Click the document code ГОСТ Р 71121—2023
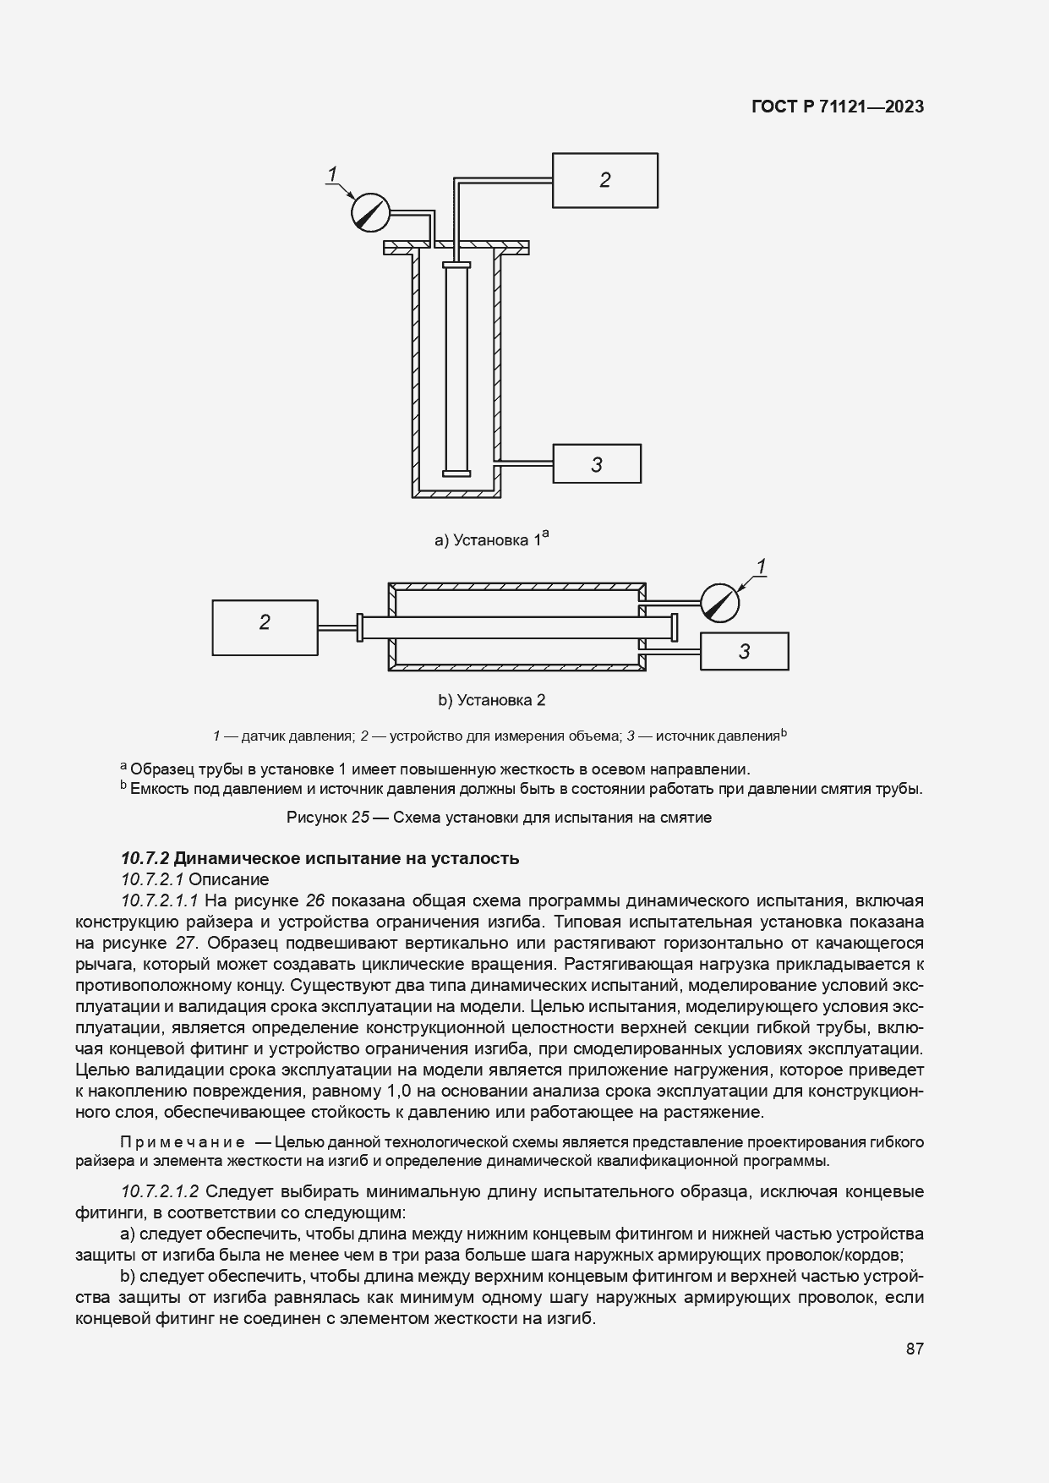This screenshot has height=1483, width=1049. [837, 107]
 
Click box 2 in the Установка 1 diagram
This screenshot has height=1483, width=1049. [604, 180]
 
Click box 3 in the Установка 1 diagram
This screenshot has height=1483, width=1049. [597, 463]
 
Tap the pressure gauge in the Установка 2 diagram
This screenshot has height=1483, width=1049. [719, 602]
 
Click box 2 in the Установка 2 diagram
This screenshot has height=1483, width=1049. [265, 627]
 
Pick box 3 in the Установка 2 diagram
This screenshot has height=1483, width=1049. [744, 651]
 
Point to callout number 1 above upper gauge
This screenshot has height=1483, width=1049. [333, 174]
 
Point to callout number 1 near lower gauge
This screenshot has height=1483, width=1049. [762, 566]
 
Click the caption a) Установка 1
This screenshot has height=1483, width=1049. [491, 539]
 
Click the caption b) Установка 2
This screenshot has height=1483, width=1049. [491, 700]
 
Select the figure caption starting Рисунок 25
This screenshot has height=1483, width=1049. [499, 818]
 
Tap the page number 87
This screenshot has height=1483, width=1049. [914, 1349]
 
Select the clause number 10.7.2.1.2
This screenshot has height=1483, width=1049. [160, 1191]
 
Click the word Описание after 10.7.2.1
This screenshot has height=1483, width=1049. [228, 879]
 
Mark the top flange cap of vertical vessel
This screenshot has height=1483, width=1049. [456, 246]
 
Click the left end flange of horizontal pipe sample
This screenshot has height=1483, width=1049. [360, 627]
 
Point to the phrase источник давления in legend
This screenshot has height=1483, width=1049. [717, 736]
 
